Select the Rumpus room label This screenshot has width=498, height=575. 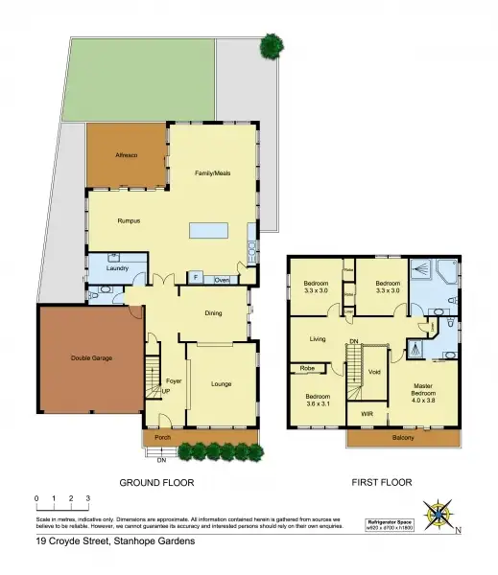click(x=130, y=220)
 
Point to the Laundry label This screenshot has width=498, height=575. click(x=119, y=268)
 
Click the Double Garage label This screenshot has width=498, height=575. click(x=91, y=357)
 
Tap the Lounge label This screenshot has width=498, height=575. click(x=221, y=383)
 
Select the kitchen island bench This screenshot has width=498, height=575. click(x=208, y=231)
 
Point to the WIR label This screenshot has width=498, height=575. click(x=367, y=413)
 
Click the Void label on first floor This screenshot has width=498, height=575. click(x=375, y=372)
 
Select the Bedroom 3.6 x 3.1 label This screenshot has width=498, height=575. click(x=316, y=400)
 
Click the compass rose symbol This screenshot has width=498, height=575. click(x=439, y=514)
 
